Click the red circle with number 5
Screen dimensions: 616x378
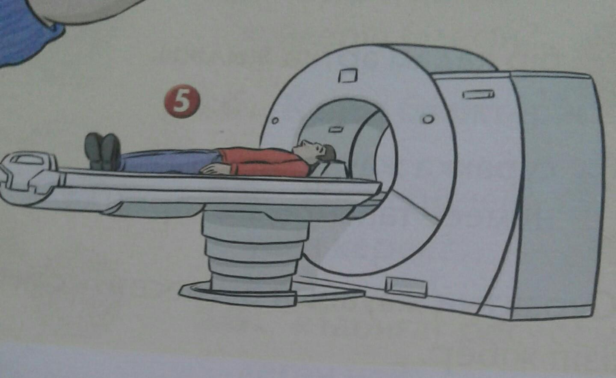[182, 101]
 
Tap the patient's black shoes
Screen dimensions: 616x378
[103, 152]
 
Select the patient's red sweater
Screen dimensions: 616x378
[264, 162]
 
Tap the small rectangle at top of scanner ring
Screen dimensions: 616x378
[348, 76]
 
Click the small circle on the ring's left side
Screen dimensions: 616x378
[275, 120]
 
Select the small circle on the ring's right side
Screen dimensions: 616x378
[428, 119]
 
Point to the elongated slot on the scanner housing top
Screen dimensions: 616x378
[479, 94]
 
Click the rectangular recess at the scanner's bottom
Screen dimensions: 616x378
[406, 287]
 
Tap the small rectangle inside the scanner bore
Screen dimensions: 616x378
[336, 129]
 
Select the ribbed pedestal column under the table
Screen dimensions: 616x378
[255, 252]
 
